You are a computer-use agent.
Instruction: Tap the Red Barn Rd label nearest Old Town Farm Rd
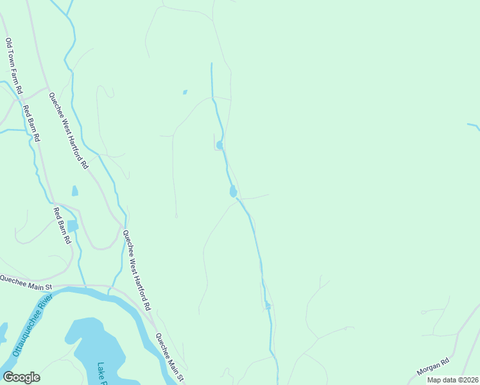tap(31, 123)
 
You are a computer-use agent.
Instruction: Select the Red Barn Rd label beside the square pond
tap(62, 225)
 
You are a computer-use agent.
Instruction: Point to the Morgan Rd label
tap(431, 368)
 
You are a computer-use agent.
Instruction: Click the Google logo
tap(21, 377)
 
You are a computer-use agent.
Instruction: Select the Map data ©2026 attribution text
tap(452, 380)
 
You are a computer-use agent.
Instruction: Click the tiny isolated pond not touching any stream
tap(185, 92)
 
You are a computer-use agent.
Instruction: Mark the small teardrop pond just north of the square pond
tap(75, 191)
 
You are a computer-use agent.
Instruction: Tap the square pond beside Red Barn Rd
tap(73, 225)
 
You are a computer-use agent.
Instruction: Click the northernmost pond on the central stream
tap(220, 145)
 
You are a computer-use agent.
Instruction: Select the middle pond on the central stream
tap(233, 191)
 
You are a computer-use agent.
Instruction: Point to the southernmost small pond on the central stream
tap(268, 307)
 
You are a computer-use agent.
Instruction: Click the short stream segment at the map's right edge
tap(474, 126)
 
